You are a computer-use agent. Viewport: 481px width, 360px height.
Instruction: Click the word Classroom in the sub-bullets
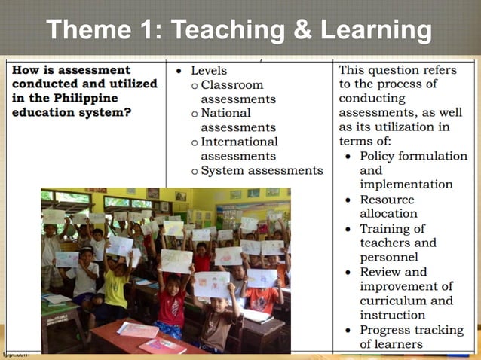[x=232, y=85]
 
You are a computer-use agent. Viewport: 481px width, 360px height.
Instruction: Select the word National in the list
[x=228, y=113]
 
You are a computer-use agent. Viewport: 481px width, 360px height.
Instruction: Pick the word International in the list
[x=239, y=142]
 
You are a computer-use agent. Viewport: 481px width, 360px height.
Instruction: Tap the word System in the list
[x=222, y=170]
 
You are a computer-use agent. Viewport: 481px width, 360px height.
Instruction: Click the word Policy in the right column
[x=381, y=156]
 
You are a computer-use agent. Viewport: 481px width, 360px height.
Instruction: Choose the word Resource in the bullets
[x=387, y=200]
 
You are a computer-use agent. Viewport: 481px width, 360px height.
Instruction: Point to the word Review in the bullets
[x=381, y=272]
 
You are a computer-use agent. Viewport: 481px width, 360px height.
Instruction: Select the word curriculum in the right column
[x=398, y=301]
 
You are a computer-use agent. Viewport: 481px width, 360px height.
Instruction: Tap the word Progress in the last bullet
[x=390, y=330]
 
